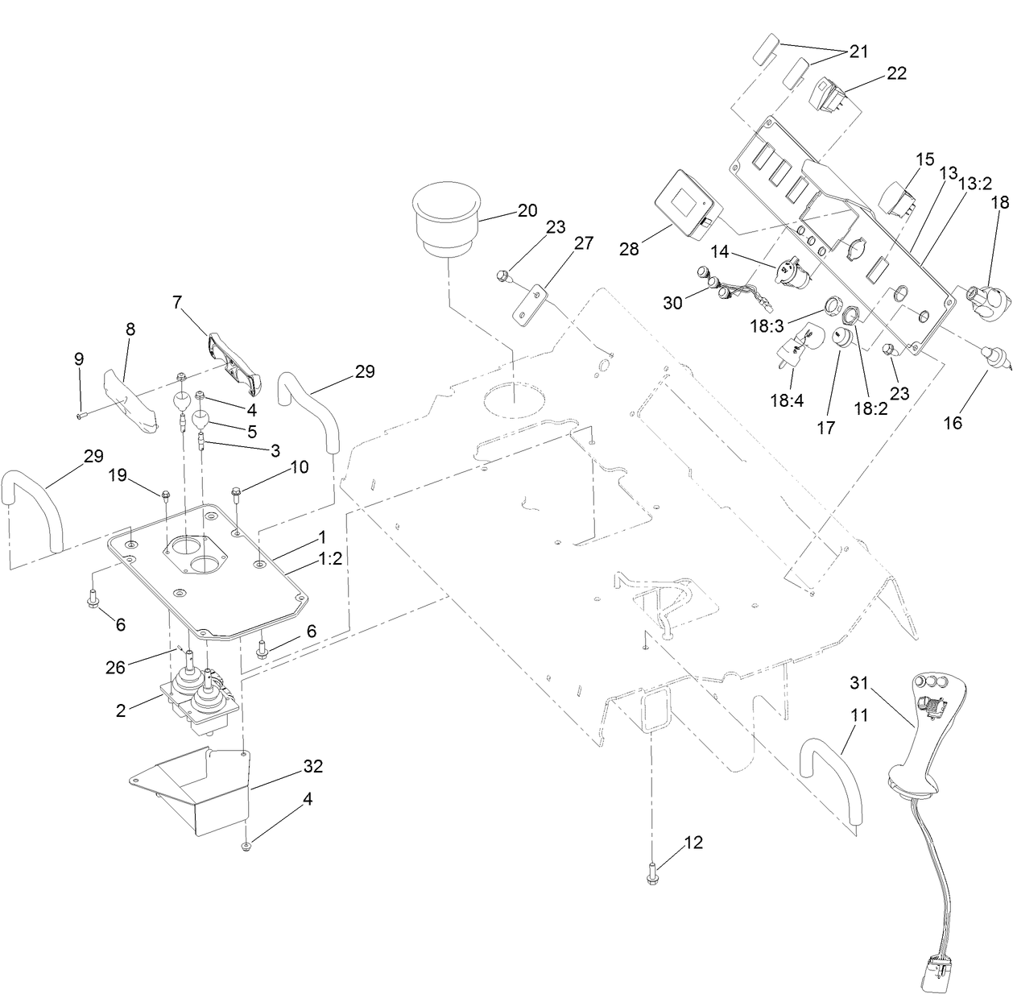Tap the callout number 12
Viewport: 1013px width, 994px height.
tap(693, 843)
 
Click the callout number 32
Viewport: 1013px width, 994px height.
tap(312, 766)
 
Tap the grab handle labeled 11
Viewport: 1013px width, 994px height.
tap(829, 773)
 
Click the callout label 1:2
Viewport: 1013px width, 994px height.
tap(329, 558)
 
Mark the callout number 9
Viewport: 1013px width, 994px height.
tap(79, 358)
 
